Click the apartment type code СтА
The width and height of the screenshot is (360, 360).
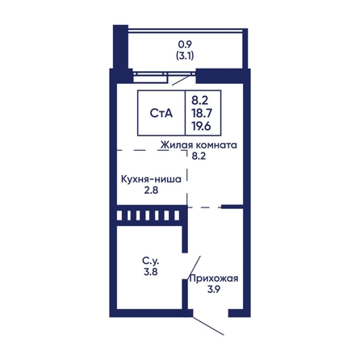[161, 113]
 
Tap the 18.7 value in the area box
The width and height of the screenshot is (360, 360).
[202, 113]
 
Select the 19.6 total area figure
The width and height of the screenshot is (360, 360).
[202, 126]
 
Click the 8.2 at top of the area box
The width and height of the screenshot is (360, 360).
[199, 101]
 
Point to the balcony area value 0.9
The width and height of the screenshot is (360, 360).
[185, 44]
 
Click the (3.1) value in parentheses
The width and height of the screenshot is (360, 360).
[185, 56]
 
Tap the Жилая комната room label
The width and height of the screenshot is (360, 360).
[199, 144]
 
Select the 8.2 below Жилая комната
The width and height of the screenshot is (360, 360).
[199, 156]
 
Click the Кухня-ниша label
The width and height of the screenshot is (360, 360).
[151, 179]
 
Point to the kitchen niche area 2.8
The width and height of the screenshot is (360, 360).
[151, 190]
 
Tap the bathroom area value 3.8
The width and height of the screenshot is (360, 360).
[151, 272]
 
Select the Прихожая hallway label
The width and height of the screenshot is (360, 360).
[214, 278]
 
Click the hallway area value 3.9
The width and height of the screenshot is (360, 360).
[214, 290]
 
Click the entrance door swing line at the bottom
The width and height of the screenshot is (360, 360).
[208, 326]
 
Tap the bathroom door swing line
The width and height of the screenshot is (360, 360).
[194, 268]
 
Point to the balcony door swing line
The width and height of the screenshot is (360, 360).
[181, 80]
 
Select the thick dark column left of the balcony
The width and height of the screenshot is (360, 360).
[120, 47]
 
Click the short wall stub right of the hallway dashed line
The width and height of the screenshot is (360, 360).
[232, 207]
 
